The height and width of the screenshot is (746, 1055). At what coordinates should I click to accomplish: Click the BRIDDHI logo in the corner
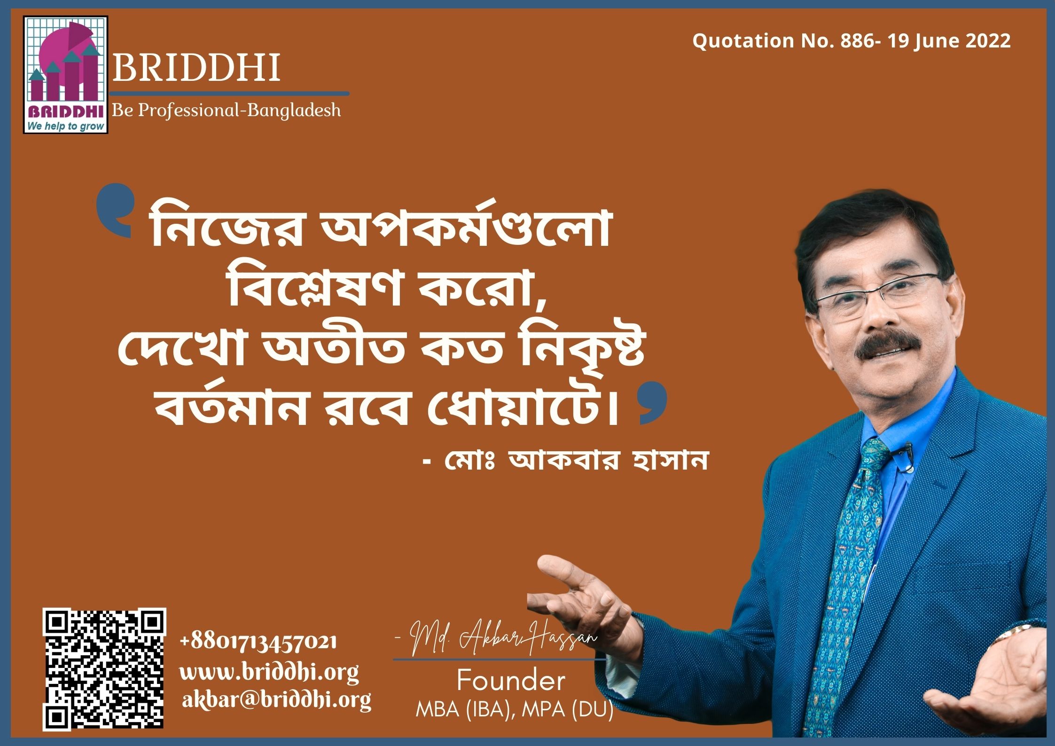coord(66,75)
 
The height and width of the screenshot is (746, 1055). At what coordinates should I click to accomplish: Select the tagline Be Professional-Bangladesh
coord(226,111)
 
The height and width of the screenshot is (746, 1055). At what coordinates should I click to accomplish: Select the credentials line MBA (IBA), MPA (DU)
coord(515,710)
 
